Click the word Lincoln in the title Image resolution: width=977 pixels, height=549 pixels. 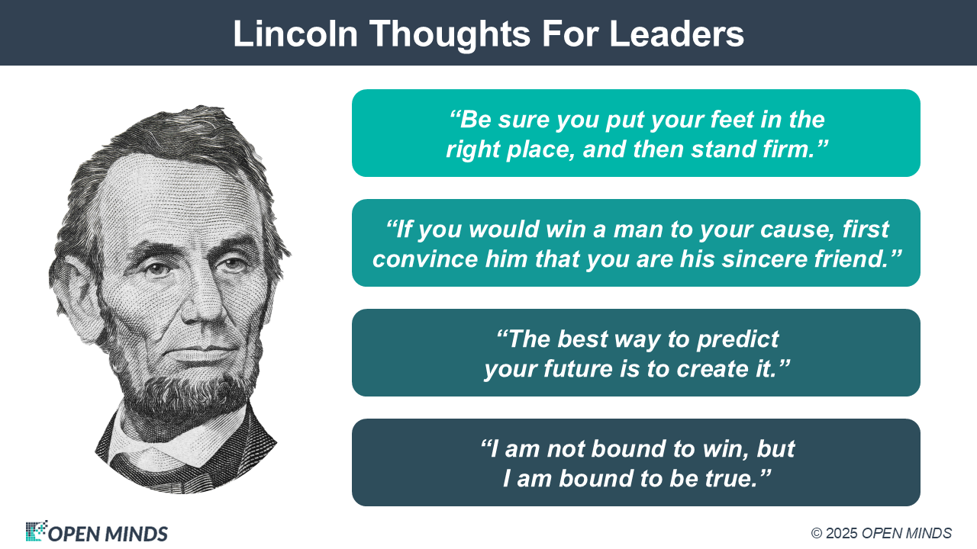pyautogui.click(x=295, y=34)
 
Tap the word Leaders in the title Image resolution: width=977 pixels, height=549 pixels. pyautogui.click(x=676, y=34)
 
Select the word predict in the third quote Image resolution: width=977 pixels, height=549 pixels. pyautogui.click(x=737, y=340)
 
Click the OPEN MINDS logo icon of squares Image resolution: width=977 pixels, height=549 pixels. pyautogui.click(x=36, y=530)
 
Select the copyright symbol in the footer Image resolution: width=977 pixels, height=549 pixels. pyautogui.click(x=817, y=533)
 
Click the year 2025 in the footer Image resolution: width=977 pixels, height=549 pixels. pyautogui.click(x=842, y=533)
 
